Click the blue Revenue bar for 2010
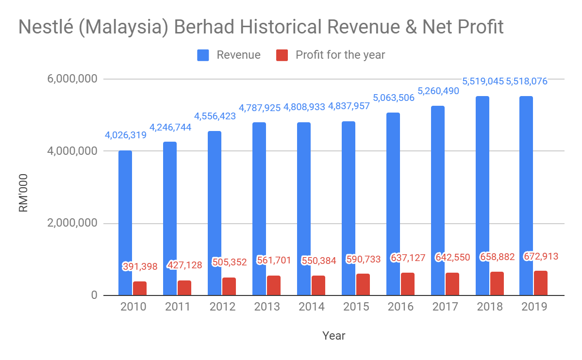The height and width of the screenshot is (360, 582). [125, 223]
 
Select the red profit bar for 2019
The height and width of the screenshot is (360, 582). [541, 283]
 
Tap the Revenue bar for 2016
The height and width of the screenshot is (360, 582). [393, 204]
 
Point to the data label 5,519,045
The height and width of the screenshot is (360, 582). [482, 82]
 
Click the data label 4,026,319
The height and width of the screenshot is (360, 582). [126, 135]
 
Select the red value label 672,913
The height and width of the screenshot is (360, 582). [541, 256]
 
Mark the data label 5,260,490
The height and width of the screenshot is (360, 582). [438, 90]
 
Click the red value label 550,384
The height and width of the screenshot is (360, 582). [318, 261]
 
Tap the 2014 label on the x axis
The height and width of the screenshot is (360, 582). [312, 307]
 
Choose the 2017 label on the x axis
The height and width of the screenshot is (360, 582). [446, 307]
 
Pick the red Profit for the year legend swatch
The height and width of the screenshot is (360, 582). [282, 55]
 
